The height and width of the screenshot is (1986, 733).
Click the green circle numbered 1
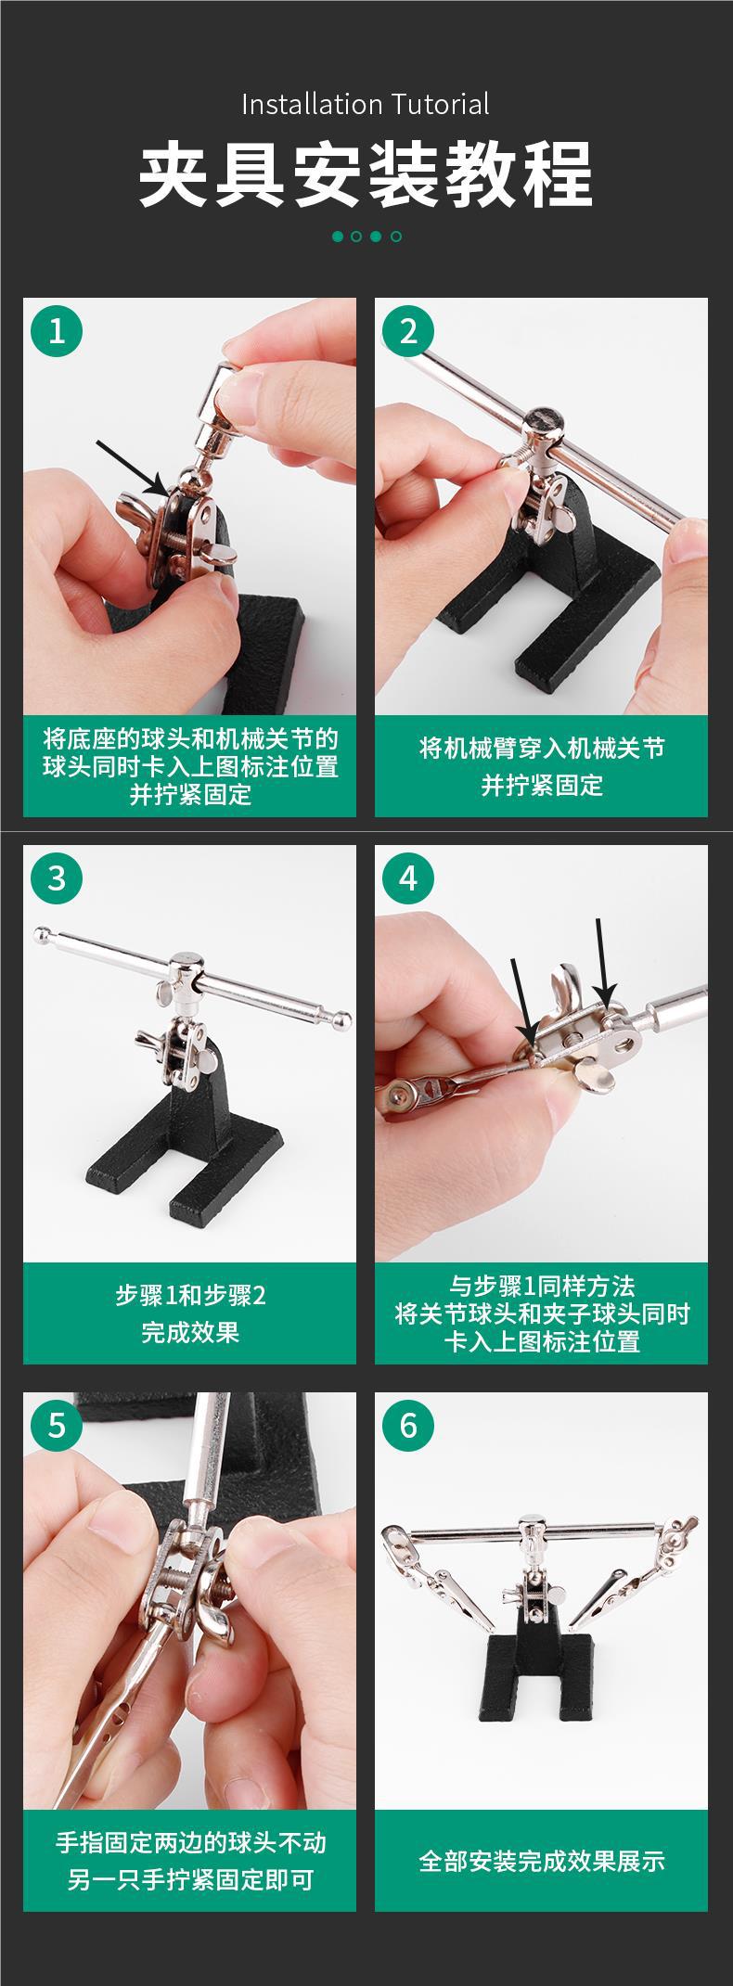pyautogui.click(x=58, y=331)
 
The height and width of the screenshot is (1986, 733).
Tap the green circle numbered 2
pyautogui.click(x=409, y=331)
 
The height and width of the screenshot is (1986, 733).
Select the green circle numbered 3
pyautogui.click(x=58, y=878)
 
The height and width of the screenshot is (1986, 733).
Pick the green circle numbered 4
pyautogui.click(x=409, y=878)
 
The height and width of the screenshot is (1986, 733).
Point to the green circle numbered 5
pyautogui.click(x=58, y=1425)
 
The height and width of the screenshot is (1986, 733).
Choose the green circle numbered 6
pyautogui.click(x=409, y=1425)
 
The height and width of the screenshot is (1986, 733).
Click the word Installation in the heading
pyautogui.click(x=312, y=104)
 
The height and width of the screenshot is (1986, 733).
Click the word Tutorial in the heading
pyautogui.click(x=440, y=104)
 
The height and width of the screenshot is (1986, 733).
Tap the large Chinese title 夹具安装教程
pyautogui.click(x=366, y=174)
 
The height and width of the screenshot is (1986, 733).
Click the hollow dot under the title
pyautogui.click(x=396, y=237)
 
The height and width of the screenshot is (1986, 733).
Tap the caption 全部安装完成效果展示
pyautogui.click(x=542, y=1879)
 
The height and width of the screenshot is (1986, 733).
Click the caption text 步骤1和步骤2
pyautogui.click(x=190, y=1295)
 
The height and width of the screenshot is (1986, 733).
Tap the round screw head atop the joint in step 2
pyautogui.click(x=545, y=422)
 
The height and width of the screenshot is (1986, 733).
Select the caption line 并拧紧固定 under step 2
pyautogui.click(x=542, y=785)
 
